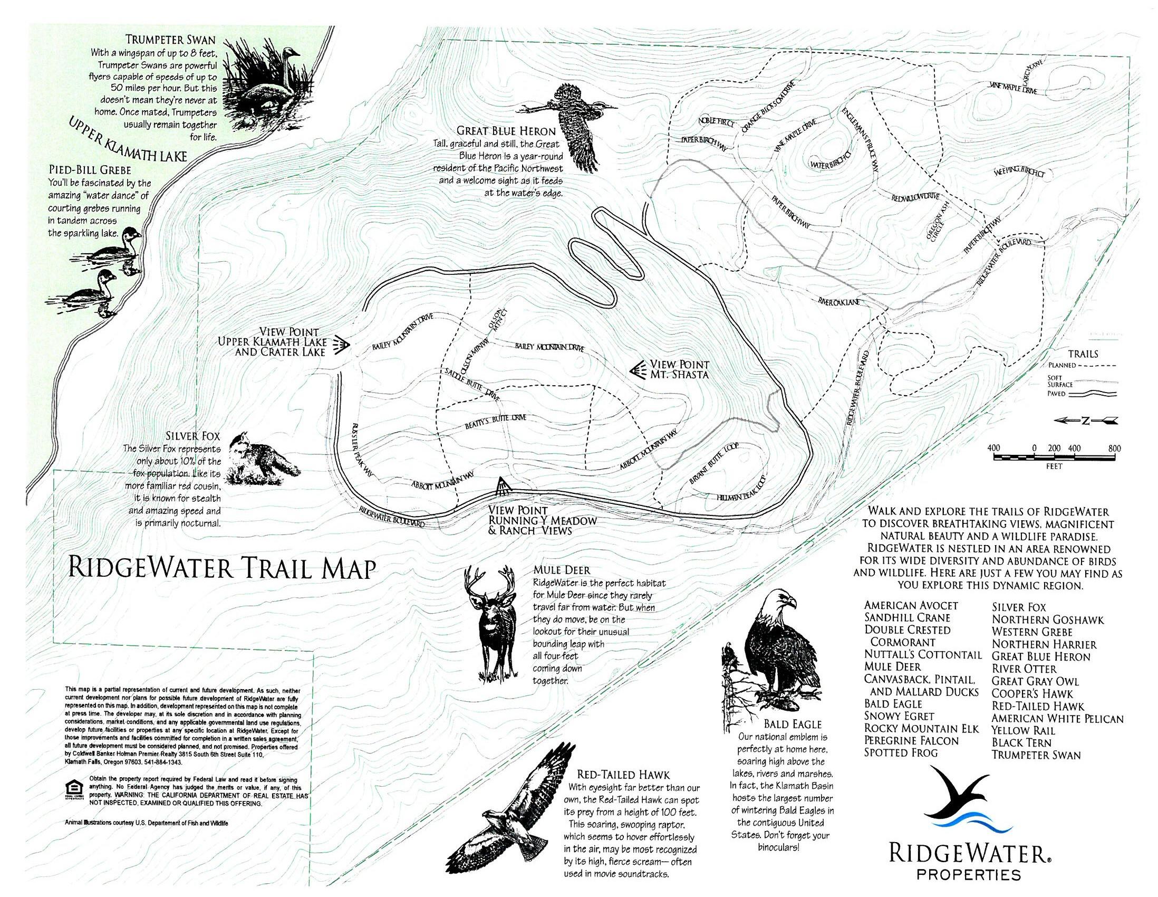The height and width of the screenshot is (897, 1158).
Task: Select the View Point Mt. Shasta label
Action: pyautogui.click(x=679, y=369)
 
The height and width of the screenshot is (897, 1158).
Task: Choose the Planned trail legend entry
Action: pyautogui.click(x=1082, y=366)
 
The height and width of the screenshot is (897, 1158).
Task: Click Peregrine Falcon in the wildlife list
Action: pyautogui.click(x=911, y=740)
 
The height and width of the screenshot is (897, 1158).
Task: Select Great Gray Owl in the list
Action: pyautogui.click(x=1035, y=681)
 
